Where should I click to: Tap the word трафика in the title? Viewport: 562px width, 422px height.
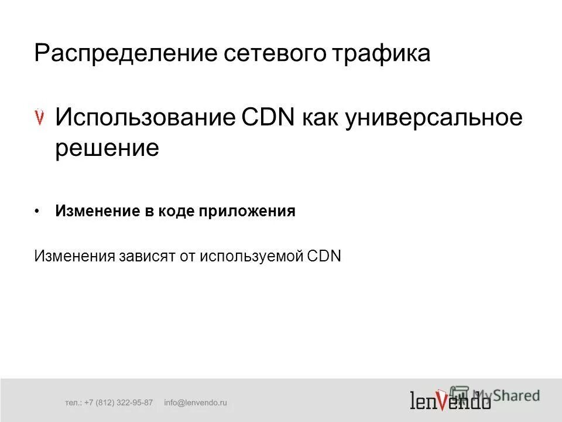click(x=382, y=53)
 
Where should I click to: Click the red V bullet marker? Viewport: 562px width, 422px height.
click(x=40, y=117)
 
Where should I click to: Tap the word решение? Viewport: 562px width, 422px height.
click(x=107, y=148)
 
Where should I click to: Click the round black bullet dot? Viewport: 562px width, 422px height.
click(x=37, y=211)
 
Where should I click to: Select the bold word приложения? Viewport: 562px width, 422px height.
click(x=247, y=211)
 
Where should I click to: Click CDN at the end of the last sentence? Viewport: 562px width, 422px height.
click(x=324, y=256)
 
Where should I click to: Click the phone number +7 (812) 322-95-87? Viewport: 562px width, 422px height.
click(x=118, y=403)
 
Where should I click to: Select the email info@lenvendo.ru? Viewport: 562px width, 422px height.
click(x=195, y=403)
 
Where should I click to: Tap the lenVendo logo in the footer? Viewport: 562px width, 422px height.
click(x=450, y=400)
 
